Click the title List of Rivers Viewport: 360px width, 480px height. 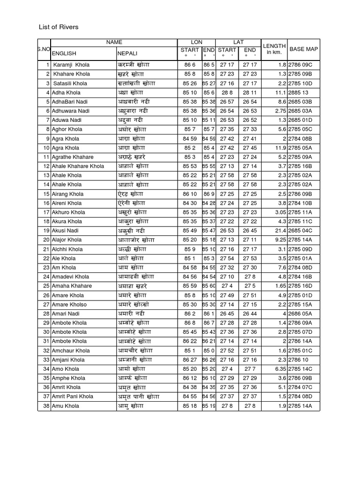click(59, 27)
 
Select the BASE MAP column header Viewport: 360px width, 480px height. click(303, 49)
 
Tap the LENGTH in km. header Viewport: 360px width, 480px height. click(274, 49)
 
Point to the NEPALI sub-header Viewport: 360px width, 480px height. click(127, 53)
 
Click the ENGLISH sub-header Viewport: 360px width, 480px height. click(64, 53)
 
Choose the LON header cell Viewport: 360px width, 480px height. click(197, 42)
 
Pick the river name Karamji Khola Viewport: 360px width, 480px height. click(71, 65)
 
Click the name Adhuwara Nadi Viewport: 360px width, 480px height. click(70, 111)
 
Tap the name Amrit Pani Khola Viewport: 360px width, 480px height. click(73, 397)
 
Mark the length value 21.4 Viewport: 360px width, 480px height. click(280, 231)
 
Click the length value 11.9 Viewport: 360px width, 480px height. click(280, 148)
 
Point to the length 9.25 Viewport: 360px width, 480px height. click(280, 240)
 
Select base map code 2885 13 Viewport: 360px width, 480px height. click(299, 92)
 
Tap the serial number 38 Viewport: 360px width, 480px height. click(46, 406)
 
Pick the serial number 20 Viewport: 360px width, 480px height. click(46, 240)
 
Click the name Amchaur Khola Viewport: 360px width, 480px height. click(71, 351)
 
